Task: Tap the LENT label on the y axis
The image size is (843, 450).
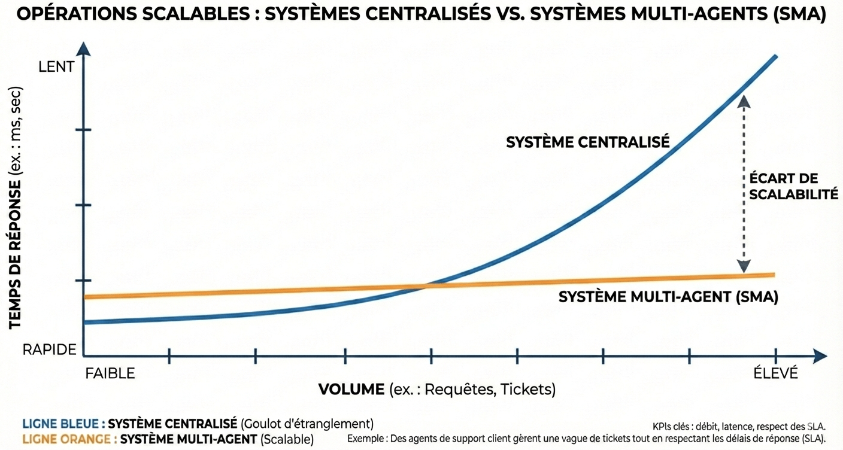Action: (x=56, y=67)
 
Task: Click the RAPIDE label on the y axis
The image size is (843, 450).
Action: (x=49, y=350)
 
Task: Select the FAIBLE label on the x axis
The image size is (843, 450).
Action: (x=110, y=374)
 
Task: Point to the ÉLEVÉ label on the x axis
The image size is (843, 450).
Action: (x=776, y=374)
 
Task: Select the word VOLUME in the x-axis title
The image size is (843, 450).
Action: (x=351, y=390)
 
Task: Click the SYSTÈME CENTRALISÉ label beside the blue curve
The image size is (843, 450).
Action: (x=587, y=142)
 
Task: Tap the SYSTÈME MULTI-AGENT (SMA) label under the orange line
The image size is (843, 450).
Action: (x=668, y=297)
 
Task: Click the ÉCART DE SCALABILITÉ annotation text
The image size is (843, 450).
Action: (x=785, y=186)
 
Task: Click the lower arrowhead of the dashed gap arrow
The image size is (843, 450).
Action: (x=744, y=267)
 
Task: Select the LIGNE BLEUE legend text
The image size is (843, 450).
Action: (x=63, y=424)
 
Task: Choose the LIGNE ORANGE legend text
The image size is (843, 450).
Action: (x=68, y=439)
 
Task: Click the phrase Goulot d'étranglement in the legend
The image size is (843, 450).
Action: (x=307, y=424)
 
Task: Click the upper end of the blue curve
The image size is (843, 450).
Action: (x=775, y=57)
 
